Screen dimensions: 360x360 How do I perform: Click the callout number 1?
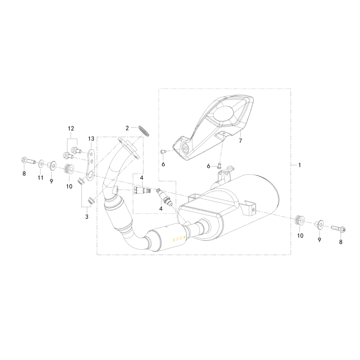[x=299, y=165]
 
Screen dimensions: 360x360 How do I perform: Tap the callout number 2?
[x=127, y=128]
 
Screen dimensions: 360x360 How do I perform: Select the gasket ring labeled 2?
[x=144, y=130]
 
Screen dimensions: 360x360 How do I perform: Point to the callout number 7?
[x=240, y=140]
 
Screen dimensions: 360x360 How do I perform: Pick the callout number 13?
[x=91, y=139]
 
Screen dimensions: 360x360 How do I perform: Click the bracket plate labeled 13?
[x=91, y=165]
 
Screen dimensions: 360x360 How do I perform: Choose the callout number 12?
[x=71, y=129]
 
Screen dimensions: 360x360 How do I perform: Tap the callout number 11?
[x=40, y=178]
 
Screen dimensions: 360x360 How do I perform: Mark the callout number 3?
[x=87, y=216]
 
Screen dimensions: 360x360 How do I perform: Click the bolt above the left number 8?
[x=28, y=161]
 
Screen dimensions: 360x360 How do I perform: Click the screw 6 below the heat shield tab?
[x=219, y=166]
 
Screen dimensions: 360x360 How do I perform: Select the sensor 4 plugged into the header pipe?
[x=142, y=190]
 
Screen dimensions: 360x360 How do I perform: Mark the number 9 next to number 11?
[x=51, y=181]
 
